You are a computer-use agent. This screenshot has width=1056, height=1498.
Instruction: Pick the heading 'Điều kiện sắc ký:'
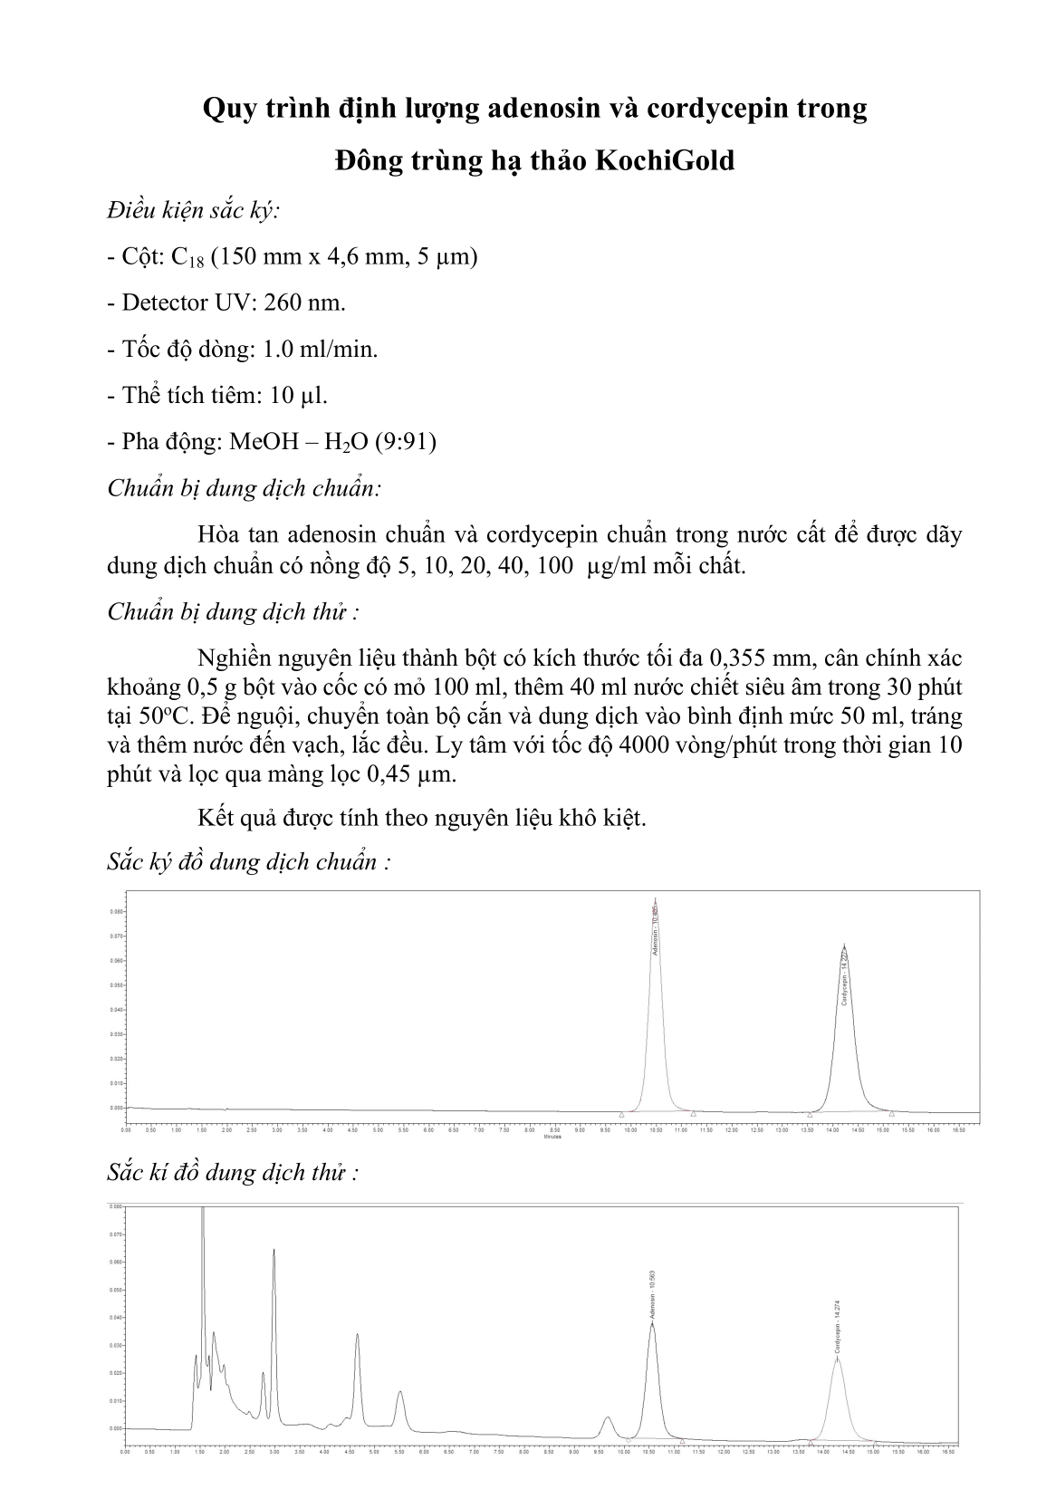point(193,210)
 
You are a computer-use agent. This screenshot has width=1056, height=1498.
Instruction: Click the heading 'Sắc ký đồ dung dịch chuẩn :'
point(249,860)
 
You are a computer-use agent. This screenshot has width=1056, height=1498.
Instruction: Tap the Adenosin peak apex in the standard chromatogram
point(655,900)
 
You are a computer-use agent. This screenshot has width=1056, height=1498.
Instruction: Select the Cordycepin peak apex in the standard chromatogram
point(844,945)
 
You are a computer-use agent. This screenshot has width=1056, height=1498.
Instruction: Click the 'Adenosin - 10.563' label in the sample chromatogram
point(652,1295)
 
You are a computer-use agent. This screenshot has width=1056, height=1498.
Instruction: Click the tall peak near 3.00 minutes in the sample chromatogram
point(274,1252)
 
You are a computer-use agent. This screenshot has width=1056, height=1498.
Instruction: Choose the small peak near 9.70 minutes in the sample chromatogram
point(608,1418)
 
